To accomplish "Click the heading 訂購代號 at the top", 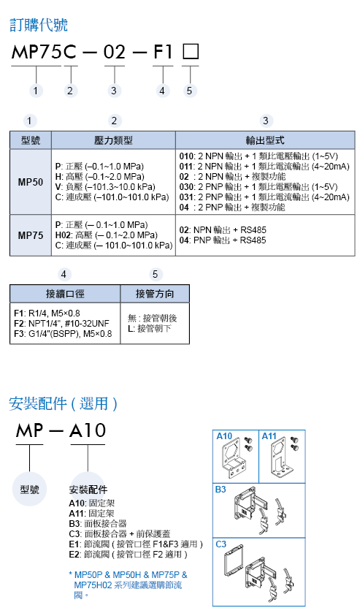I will pos(38,25).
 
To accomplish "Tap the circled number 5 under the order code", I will pos(190,90).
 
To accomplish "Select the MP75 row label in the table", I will pos(31,235).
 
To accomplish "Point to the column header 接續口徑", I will pos(65,294).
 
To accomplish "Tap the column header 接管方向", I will pos(156,294).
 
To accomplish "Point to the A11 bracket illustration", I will pos(281,460).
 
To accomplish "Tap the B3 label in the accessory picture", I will pos(220,491).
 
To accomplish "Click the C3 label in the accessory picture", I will pos(221,544).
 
